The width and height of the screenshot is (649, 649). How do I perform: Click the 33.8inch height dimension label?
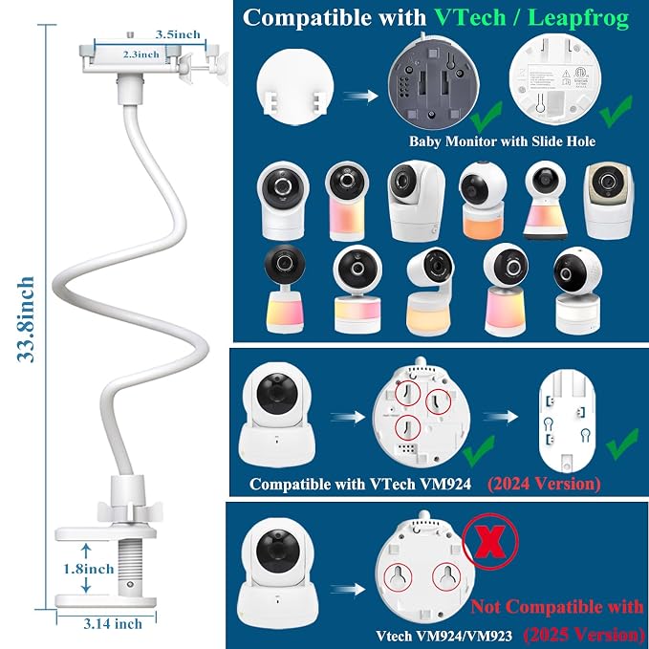pyautogui.click(x=26, y=319)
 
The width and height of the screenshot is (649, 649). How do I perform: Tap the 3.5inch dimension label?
pyautogui.click(x=178, y=34)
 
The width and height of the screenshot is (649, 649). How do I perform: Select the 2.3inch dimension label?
pyautogui.click(x=141, y=54)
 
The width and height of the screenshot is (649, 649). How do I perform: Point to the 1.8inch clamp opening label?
pyautogui.click(x=89, y=569)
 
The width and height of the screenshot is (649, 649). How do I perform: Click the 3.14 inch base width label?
pyautogui.click(x=113, y=624)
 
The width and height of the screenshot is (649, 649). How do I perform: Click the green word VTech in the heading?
pyautogui.click(x=470, y=18)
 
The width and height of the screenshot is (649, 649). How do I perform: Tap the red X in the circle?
pyautogui.click(x=489, y=541)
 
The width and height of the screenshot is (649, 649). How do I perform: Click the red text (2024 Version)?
pyautogui.click(x=544, y=484)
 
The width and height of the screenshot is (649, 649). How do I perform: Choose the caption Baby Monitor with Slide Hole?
pyautogui.click(x=502, y=141)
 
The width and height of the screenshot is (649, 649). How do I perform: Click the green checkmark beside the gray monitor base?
pyautogui.click(x=487, y=117)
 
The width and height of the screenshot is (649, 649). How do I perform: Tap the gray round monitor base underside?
pyautogui.click(x=433, y=83)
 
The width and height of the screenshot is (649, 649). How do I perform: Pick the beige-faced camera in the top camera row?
pyautogui.click(x=609, y=202)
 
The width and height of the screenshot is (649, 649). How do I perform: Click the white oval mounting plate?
pyautogui.click(x=567, y=422)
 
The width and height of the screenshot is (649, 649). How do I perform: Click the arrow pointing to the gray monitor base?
pyautogui.click(x=360, y=96)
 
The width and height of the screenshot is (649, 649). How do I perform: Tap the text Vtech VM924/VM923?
pyautogui.click(x=443, y=636)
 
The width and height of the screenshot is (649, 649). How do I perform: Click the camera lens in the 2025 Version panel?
pyautogui.click(x=277, y=551)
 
